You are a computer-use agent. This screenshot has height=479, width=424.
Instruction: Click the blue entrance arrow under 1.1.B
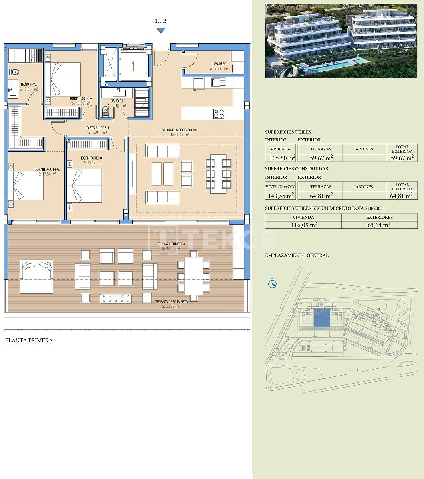click(x=160, y=30)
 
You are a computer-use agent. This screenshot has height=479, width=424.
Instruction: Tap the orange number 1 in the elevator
click(x=133, y=66)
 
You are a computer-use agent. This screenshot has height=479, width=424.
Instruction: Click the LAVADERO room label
click(x=219, y=64)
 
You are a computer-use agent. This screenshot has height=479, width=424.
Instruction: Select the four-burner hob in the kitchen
click(x=218, y=113)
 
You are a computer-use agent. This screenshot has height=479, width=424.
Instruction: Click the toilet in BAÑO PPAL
click(x=14, y=72)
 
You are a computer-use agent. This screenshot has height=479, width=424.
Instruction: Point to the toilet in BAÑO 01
click(x=106, y=111)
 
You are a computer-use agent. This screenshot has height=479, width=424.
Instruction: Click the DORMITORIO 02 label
click(x=81, y=98)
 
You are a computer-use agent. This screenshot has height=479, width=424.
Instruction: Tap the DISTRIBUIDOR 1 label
click(x=98, y=128)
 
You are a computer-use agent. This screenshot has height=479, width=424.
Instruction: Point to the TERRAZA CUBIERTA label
click(x=171, y=244)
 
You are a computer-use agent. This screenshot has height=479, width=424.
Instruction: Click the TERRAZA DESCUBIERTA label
click(x=171, y=302)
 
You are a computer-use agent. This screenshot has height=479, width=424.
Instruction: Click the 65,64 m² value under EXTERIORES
click(x=379, y=225)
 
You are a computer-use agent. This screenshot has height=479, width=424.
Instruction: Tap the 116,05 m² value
click(x=303, y=225)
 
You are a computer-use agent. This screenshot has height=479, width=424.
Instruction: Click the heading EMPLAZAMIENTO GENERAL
click(x=297, y=255)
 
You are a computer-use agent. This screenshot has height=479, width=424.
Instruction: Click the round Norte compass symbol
click(x=273, y=284)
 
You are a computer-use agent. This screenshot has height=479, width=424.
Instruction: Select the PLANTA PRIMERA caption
click(x=29, y=341)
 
